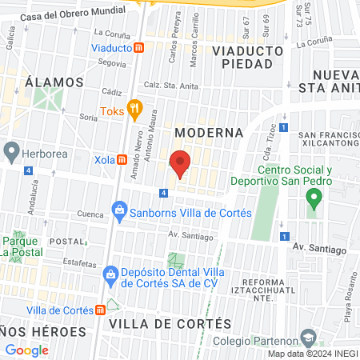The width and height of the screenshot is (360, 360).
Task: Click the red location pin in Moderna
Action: (181, 163)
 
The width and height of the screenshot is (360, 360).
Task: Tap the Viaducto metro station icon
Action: (139, 48)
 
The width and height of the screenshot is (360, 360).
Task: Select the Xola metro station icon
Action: (122, 159)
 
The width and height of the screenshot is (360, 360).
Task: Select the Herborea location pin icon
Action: (11, 150)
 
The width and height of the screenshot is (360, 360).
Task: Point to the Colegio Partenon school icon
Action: (308, 338)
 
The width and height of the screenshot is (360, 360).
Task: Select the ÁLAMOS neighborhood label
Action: (54, 82)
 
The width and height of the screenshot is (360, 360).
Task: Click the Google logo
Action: (27, 350)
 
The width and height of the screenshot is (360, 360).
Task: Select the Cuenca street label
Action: (90, 214)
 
